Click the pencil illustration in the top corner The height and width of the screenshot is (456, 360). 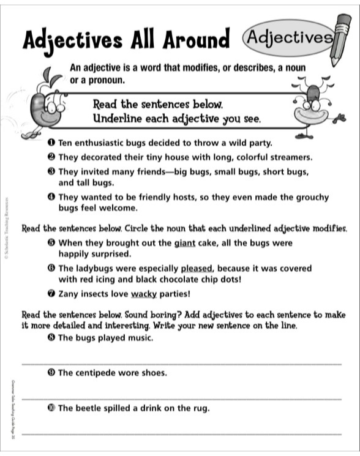340,40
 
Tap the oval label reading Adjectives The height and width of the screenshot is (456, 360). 287,37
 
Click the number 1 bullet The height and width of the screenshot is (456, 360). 51,143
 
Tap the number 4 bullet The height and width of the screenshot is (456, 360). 51,198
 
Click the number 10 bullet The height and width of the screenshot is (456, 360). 51,408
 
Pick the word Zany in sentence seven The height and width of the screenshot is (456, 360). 69,294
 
